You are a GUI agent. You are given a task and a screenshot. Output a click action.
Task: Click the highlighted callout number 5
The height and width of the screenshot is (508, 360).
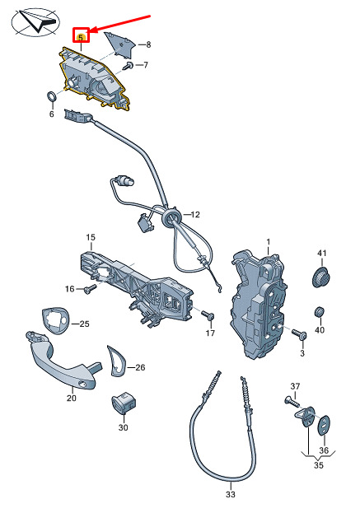point(81,38)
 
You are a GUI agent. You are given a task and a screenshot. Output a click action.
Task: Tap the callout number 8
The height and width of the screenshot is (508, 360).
point(148,44)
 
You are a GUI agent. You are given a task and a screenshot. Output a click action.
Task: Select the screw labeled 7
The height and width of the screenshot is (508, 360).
point(129,66)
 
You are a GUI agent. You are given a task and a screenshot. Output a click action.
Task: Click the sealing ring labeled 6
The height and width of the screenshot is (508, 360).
point(51,96)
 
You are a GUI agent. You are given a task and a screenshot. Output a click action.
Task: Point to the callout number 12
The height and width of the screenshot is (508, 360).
point(195,214)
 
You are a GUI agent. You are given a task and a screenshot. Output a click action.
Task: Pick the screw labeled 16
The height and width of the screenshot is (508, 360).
point(91,289)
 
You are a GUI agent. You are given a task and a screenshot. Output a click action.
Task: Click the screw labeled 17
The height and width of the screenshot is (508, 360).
point(208,315)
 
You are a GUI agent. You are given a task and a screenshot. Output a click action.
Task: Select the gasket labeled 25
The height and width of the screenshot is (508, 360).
point(55,319)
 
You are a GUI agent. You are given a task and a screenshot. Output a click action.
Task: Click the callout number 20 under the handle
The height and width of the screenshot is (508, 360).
point(72,398)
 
